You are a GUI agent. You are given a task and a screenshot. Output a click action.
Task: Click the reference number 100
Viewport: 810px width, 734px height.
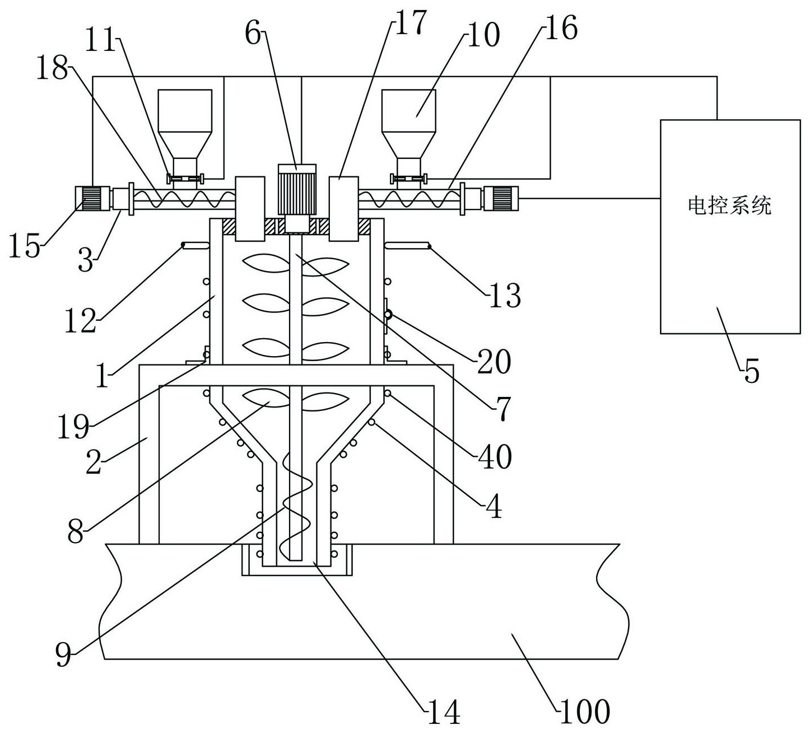(x=584, y=712)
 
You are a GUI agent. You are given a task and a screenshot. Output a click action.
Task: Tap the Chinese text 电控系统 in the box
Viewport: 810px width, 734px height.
(x=730, y=205)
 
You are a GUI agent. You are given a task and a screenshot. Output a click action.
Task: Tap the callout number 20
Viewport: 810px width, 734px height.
(x=494, y=362)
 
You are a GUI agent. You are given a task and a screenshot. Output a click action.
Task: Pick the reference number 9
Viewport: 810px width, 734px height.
(x=63, y=653)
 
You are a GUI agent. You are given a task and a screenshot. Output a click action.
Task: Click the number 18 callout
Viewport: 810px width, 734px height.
(x=52, y=67)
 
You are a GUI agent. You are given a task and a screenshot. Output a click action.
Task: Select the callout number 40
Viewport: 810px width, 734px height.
(x=495, y=456)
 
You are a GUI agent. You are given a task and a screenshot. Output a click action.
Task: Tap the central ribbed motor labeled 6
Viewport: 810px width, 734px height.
(x=297, y=189)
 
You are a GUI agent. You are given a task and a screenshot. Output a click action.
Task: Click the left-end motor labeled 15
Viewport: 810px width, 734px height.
(x=92, y=198)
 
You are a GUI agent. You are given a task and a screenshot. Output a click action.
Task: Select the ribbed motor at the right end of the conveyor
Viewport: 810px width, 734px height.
(x=501, y=198)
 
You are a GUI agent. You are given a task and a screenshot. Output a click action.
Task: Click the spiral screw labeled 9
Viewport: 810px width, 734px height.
(x=296, y=506)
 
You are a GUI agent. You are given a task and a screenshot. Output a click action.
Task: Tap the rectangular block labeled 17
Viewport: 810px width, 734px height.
(x=343, y=209)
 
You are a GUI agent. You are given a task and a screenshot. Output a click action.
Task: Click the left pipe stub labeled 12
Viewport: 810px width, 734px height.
(x=194, y=245)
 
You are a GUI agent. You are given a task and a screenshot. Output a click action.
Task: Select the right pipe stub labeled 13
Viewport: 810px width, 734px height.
(x=407, y=245)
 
